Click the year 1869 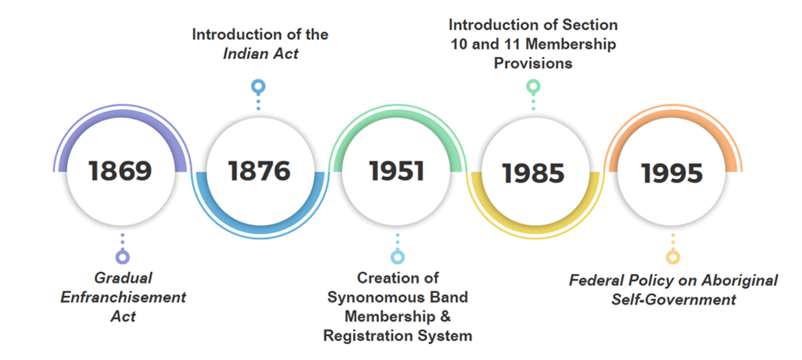pos(121,171)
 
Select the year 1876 pos(259,171)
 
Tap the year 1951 pos(396,171)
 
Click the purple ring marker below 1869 pos(123,257)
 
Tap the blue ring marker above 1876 pos(258,86)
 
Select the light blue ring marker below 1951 pos(398,257)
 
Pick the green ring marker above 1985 pos(533,86)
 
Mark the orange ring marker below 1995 pos(672,257)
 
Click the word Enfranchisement pos(123,298)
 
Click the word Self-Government pos(674,300)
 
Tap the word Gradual pos(123,278)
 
